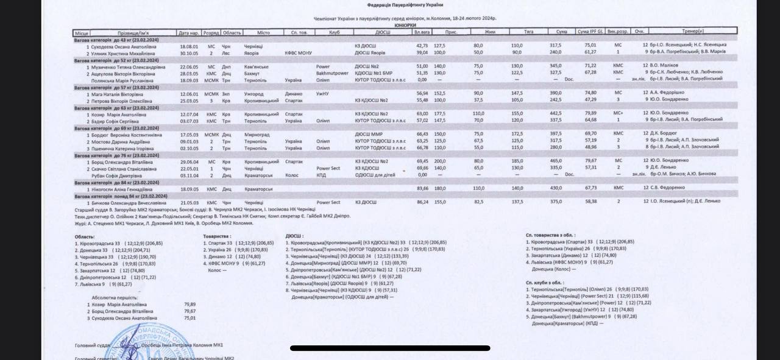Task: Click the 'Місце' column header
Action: tap(82, 32)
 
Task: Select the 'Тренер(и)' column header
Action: tap(693, 31)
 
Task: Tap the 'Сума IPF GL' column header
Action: tap(590, 31)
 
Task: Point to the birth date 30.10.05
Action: tap(189, 53)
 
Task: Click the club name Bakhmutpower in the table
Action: tap(332, 73)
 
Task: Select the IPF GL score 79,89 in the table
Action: tap(590, 113)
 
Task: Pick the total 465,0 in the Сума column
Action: tap(556, 161)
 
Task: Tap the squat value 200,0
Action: tap(439, 161)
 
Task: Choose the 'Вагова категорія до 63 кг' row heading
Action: tap(116, 108)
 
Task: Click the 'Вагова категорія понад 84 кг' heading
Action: tap(121, 196)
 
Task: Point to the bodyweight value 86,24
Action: tap(422, 202)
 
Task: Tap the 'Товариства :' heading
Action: tap(217, 236)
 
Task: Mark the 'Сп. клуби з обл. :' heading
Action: tap(545, 283)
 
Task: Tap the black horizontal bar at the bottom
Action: tap(390, 348)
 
